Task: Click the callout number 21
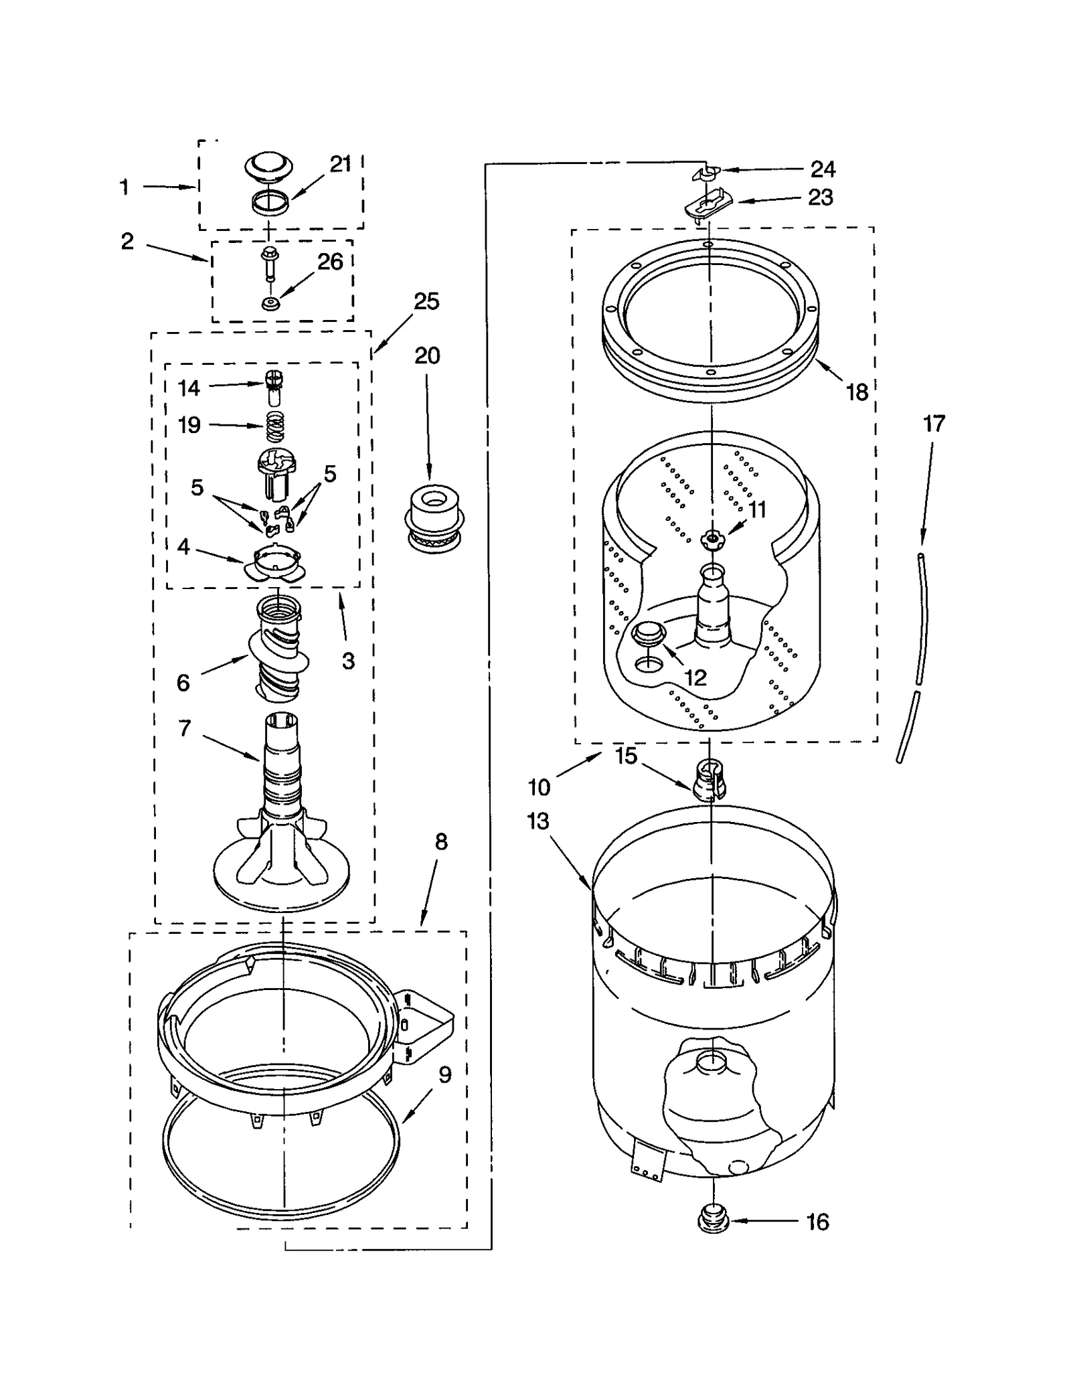(340, 164)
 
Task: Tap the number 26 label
(330, 262)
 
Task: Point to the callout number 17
(934, 424)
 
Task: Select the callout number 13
(538, 821)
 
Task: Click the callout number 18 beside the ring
(857, 392)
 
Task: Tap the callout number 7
(185, 728)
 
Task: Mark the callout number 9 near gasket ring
(445, 1074)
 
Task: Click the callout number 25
(426, 302)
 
